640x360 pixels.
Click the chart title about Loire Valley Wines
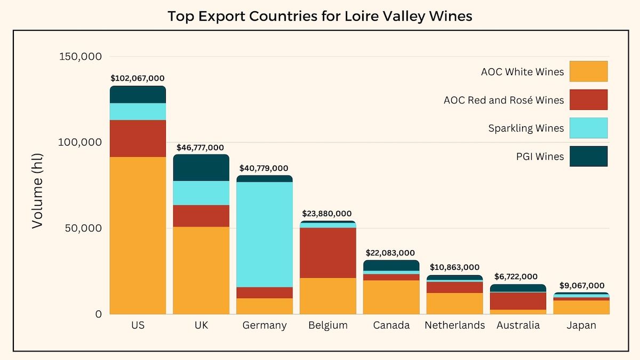tap(320, 16)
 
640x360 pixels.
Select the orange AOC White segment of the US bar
tap(138, 235)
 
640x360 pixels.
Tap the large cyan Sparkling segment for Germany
tap(265, 234)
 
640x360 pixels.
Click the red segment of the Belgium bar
tap(328, 252)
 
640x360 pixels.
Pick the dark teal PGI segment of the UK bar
tap(201, 168)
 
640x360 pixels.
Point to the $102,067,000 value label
tap(138, 78)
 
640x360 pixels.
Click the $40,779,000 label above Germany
tap(265, 168)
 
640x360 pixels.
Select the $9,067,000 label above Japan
tap(581, 285)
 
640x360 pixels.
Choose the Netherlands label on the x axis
tap(454, 325)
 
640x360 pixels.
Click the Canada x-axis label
tap(391, 325)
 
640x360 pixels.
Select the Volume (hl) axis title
tap(37, 190)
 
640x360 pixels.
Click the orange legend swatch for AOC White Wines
tap(588, 71)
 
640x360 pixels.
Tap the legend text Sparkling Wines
tap(526, 129)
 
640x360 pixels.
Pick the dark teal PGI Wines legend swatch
tap(588, 156)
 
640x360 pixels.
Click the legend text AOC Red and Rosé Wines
tap(503, 100)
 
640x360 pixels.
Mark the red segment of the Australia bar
tap(518, 301)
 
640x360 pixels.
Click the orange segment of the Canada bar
tap(391, 297)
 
